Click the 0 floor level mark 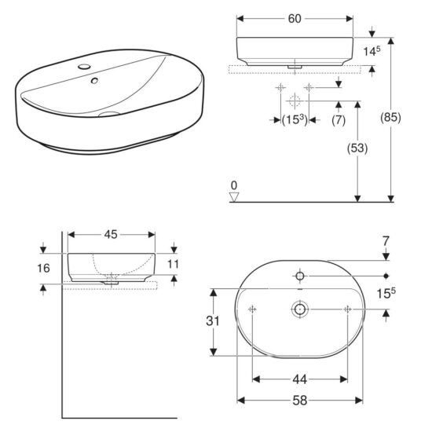[233, 185]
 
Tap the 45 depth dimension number [111, 233]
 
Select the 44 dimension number [300, 380]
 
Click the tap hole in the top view [300, 276]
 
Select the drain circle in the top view [299, 310]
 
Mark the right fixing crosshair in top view [347, 310]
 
